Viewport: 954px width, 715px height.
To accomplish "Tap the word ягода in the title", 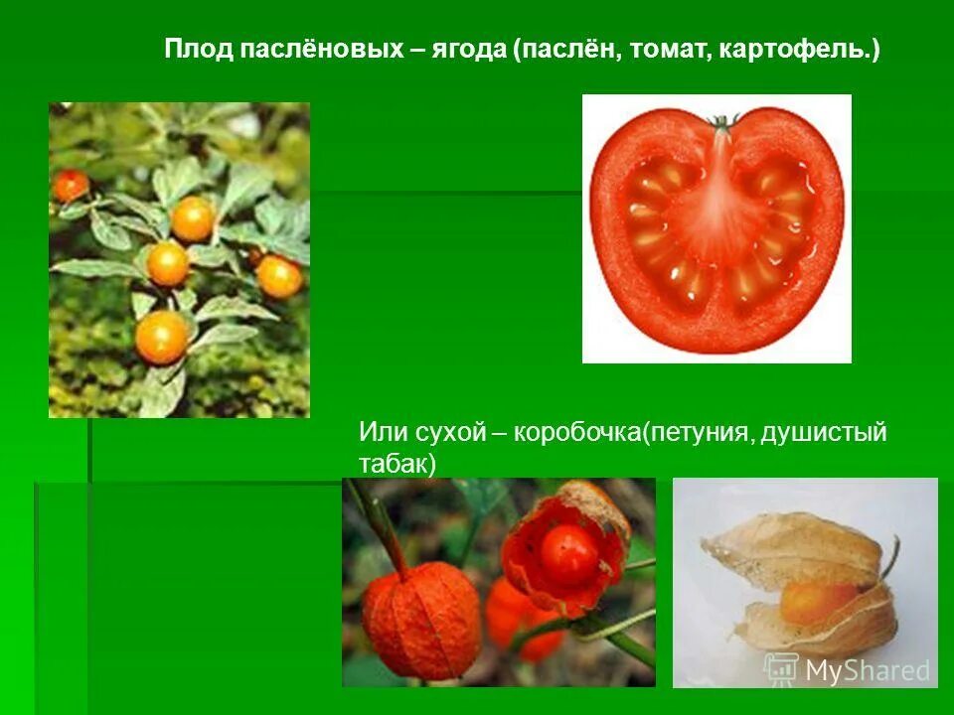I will click(468, 49).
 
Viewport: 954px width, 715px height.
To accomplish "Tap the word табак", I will click(397, 463).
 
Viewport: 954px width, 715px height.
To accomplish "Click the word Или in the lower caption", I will click(379, 433).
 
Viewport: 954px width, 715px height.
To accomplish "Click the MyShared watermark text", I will click(868, 670).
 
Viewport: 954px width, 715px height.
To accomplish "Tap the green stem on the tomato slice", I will click(723, 123).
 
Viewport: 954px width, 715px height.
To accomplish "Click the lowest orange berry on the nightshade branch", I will click(161, 338).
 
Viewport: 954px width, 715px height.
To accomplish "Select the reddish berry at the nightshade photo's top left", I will click(71, 185).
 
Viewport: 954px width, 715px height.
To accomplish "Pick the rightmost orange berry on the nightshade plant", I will click(279, 276).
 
